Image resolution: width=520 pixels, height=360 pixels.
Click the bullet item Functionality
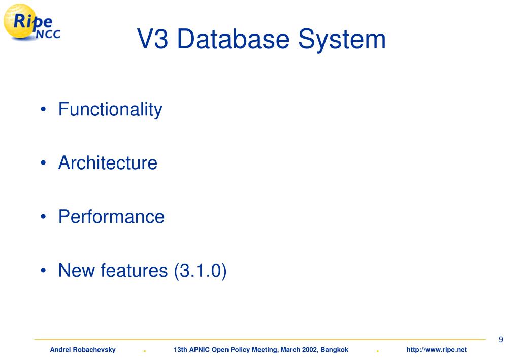coord(110,109)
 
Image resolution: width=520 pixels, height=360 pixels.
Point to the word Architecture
coord(108,163)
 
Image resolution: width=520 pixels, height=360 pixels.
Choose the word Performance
coord(111,217)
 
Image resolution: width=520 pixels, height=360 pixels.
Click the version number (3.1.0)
coord(200,271)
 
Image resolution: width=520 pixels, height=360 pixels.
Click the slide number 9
coord(501,340)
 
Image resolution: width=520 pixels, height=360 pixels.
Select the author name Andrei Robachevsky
coord(83,350)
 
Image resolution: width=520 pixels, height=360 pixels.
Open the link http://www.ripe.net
coord(437,350)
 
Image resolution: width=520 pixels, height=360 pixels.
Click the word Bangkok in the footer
coord(335,350)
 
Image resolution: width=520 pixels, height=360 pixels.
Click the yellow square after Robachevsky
coord(145,350)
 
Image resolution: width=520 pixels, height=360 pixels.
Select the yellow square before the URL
coord(378,350)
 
